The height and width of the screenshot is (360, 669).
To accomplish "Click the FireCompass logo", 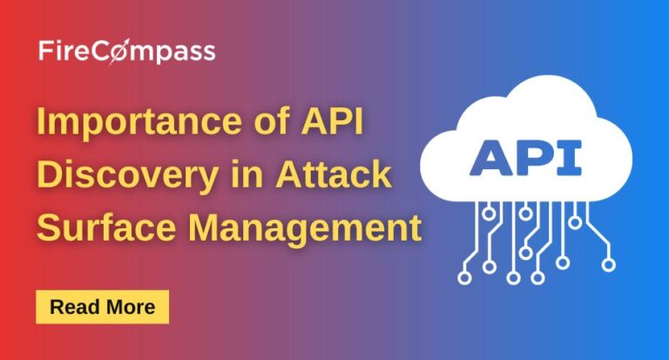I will point(127,51).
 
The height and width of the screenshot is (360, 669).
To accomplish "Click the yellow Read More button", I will point(102,307).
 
